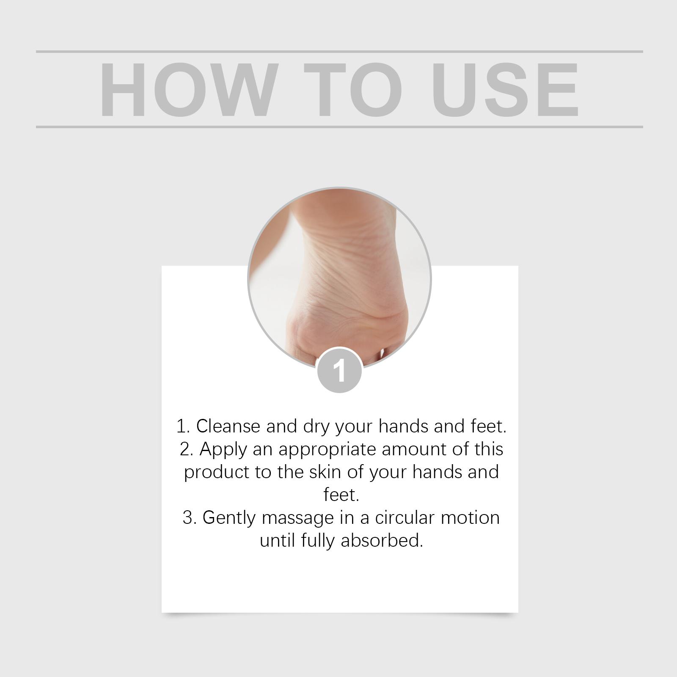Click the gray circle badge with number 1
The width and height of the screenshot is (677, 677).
coord(339,370)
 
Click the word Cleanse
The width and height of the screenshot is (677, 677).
coord(228,426)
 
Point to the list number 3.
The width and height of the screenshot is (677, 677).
coord(189,518)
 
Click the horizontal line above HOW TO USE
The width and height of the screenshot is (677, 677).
coord(339,52)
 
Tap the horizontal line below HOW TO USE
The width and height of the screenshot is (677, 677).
coord(339,127)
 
